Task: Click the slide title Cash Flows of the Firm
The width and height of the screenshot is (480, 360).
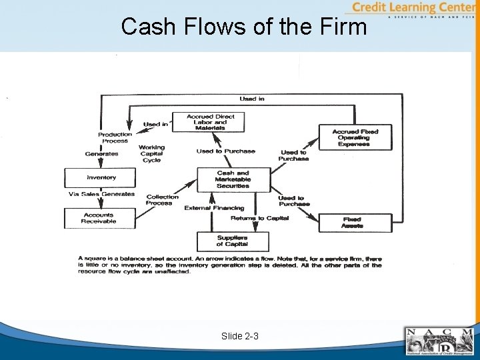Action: tap(244, 27)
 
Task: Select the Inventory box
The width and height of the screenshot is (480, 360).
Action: tap(101, 177)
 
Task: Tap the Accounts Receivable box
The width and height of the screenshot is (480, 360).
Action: tap(99, 218)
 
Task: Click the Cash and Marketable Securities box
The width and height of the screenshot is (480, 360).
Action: tap(233, 179)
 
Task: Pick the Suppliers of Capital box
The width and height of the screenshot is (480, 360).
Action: tap(233, 241)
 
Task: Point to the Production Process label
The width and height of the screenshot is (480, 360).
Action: tap(115, 138)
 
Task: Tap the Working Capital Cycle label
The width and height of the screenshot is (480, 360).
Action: tap(152, 153)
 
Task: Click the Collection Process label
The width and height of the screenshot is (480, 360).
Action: tap(162, 200)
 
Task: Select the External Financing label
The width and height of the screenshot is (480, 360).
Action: tap(214, 208)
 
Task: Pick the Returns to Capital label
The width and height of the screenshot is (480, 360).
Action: tap(259, 219)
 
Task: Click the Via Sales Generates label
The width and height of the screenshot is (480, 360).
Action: tap(101, 195)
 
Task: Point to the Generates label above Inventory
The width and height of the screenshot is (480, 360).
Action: tap(101, 154)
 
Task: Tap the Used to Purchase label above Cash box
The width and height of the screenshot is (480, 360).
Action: tap(225, 151)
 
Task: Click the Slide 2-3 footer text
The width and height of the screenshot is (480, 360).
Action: tap(240, 337)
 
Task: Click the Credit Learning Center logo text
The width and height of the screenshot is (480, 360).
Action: tap(413, 8)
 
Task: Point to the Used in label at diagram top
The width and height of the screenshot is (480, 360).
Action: tap(252, 99)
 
